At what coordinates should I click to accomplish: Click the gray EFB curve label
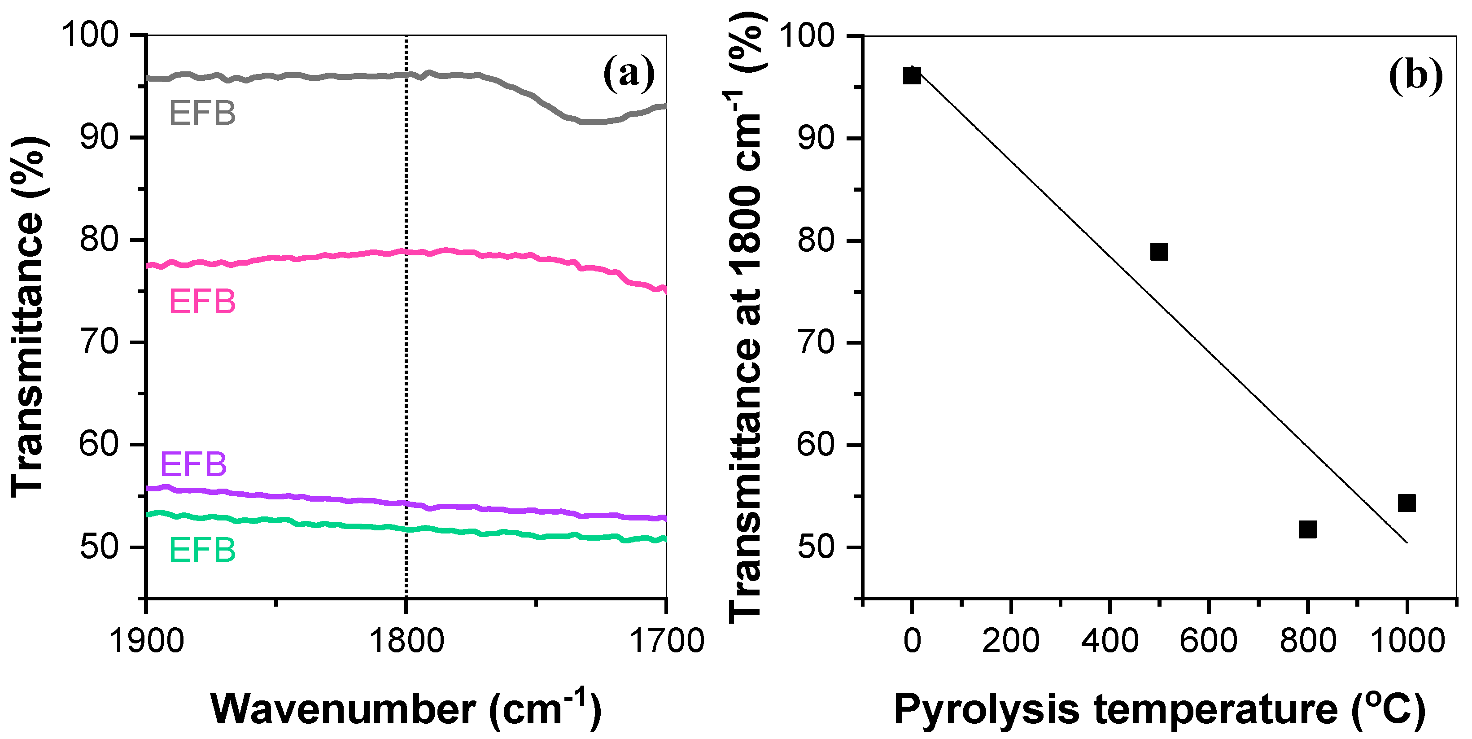pos(202,113)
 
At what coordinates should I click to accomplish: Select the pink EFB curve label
pos(202,302)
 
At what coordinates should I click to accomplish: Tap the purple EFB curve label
pos(193,464)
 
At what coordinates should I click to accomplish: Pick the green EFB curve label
pos(202,551)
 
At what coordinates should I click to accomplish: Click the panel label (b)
pos(1415,75)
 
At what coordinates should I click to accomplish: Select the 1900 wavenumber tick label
pos(146,641)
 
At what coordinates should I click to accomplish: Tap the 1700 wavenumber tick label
pos(666,641)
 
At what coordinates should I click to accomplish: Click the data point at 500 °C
pos(1159,251)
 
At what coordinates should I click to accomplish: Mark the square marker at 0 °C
pos(912,75)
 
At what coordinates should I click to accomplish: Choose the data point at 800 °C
pos(1307,529)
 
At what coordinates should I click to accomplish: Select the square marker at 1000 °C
pos(1406,503)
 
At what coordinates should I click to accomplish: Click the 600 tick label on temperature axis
pos(1208,641)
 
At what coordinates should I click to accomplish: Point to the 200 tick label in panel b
pos(1010,641)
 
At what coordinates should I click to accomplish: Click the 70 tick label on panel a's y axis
pos(98,342)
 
